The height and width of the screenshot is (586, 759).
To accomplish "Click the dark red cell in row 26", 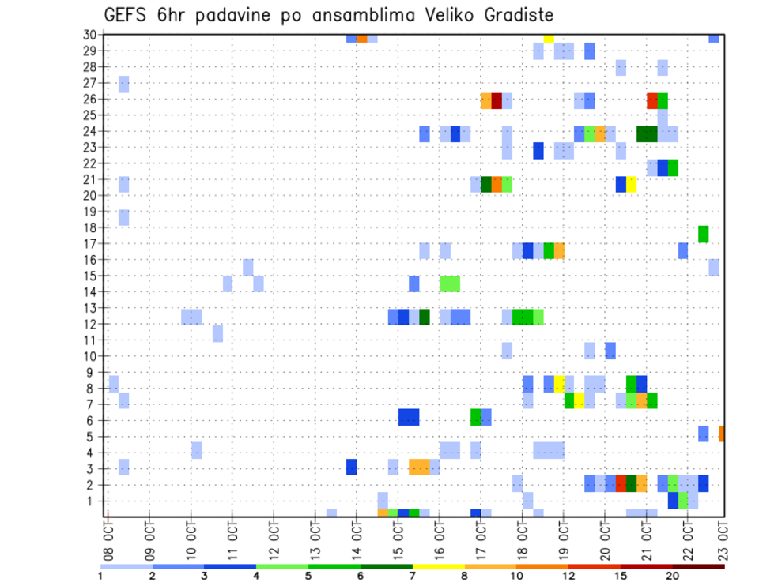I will point(497,100).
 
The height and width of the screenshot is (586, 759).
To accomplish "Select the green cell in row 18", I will point(704,234).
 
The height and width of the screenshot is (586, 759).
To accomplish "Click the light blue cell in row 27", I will point(124,84).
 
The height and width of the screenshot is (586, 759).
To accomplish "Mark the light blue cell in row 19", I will point(124,217).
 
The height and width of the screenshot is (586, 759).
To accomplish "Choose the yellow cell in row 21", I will point(632,184).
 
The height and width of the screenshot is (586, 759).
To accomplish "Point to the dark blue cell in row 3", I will point(351,467).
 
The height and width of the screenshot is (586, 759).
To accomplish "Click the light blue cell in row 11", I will point(217,333).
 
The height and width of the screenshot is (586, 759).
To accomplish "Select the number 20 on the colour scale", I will point(673,576).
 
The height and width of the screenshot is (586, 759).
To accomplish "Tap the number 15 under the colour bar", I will point(621,576).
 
